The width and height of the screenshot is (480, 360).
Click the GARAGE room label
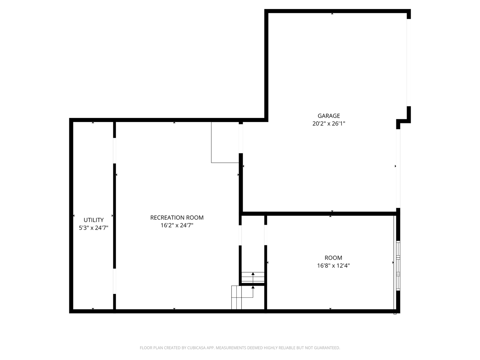328,116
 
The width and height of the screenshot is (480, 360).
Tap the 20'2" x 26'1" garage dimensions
328,123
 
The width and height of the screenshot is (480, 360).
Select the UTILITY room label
93,220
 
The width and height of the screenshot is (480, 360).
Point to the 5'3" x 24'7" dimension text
93,228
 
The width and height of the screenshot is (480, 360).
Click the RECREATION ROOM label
177,217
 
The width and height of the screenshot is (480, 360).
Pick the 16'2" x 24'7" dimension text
177,225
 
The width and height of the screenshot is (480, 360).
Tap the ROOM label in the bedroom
333,258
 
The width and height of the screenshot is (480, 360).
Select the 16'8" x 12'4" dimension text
333,266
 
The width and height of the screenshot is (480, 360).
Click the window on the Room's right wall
398,266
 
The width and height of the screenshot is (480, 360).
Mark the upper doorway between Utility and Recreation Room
114,151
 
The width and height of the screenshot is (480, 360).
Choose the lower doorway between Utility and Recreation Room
114,281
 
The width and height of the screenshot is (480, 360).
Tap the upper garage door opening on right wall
408,63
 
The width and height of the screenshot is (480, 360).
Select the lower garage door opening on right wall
398,169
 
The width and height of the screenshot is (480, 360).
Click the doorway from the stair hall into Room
265,235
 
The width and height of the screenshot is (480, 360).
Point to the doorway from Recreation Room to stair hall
240,235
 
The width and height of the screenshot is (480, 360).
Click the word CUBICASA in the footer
196,348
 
